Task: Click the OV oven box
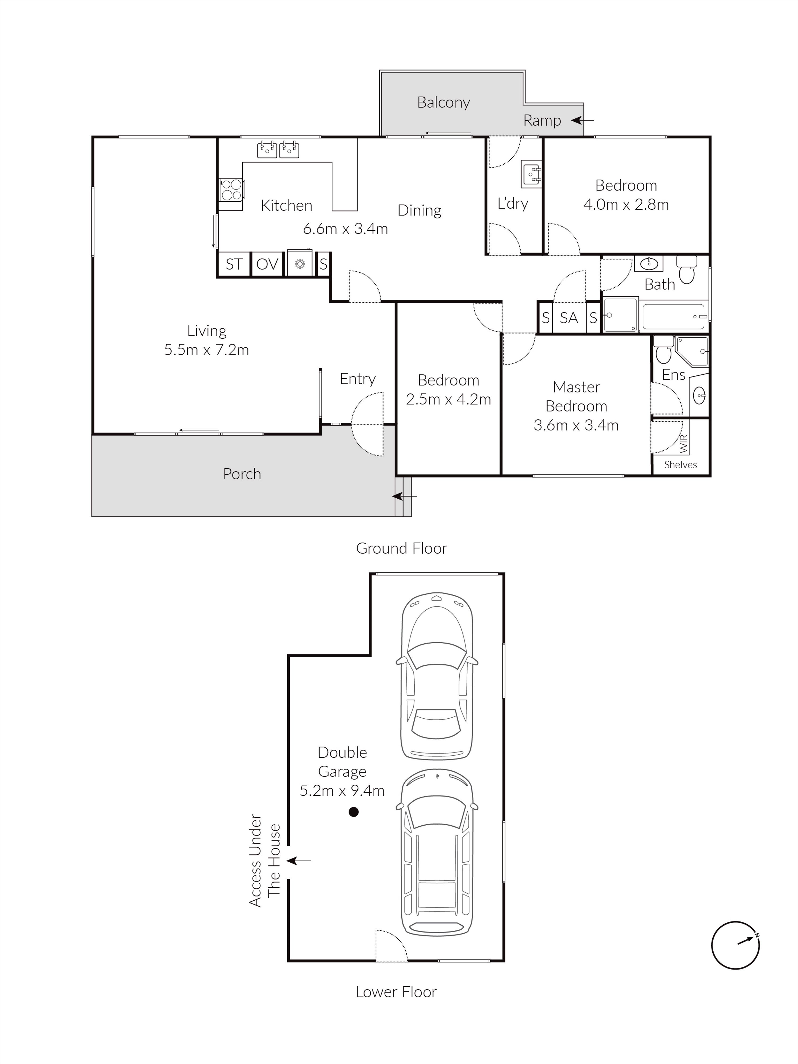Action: coord(267,264)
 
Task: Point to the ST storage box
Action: coord(234,264)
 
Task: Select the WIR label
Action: coord(684,444)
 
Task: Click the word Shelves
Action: coord(680,465)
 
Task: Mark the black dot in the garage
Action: coord(354,812)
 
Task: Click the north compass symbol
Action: coord(735,945)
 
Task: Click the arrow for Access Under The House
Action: coord(299,860)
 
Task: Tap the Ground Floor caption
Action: coord(401,548)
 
